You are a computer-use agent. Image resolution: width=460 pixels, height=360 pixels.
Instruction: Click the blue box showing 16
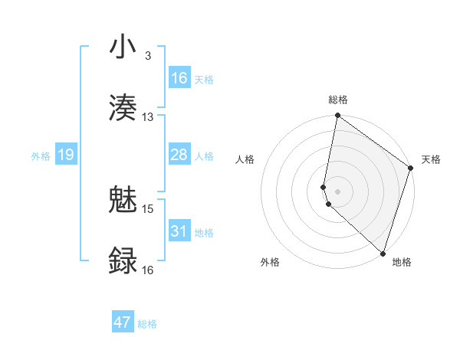click(179, 78)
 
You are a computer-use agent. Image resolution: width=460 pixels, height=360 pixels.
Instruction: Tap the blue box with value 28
click(179, 155)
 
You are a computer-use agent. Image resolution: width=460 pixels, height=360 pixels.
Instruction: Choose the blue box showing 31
click(179, 231)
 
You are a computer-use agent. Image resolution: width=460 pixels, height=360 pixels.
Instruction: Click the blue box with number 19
click(66, 155)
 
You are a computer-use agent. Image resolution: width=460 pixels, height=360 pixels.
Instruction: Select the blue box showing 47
click(123, 322)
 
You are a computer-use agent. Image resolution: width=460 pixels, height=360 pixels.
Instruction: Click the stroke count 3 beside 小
click(147, 57)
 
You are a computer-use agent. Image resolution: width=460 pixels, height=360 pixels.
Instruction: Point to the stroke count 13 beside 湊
click(148, 117)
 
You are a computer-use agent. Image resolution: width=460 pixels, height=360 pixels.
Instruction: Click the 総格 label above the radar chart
click(338, 100)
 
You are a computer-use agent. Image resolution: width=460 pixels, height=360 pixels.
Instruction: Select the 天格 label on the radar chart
click(431, 159)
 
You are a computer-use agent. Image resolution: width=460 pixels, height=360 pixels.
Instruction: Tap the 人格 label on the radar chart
click(245, 159)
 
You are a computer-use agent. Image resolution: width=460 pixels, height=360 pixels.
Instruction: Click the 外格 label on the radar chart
click(270, 262)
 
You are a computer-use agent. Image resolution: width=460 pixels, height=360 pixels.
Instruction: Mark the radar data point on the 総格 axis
click(337, 116)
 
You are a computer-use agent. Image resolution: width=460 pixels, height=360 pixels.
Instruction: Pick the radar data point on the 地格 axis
click(383, 253)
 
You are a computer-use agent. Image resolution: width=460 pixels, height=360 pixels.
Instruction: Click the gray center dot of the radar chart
click(337, 191)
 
